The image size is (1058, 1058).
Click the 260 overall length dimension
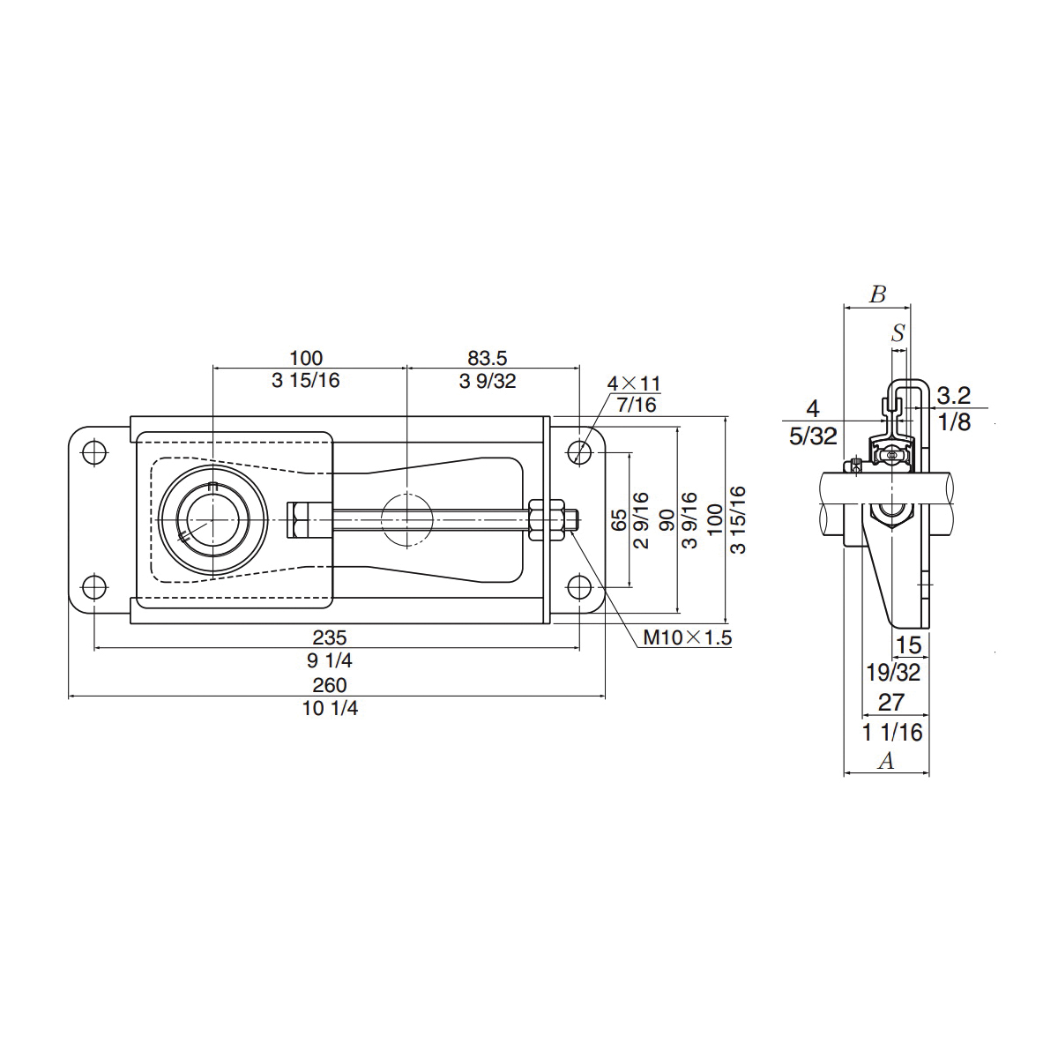click(x=330, y=685)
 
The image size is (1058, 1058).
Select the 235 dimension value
click(x=330, y=637)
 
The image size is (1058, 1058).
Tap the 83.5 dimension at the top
click(x=488, y=358)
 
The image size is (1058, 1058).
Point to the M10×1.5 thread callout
click(x=687, y=637)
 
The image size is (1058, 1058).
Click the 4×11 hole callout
click(x=633, y=384)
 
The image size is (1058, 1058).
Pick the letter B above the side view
click(x=877, y=294)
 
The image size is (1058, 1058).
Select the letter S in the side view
click(x=898, y=333)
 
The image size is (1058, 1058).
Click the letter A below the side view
click(x=887, y=761)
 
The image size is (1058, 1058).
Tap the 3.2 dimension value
click(x=953, y=394)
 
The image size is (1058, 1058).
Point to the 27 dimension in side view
click(x=891, y=702)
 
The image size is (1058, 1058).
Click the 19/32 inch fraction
click(x=893, y=673)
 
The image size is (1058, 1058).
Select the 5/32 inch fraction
click(x=813, y=435)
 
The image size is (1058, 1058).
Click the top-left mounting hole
click(x=93, y=452)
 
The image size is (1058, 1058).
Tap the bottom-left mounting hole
click(x=93, y=586)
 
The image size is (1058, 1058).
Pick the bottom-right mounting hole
click(x=579, y=586)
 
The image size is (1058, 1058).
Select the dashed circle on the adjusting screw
click(x=406, y=519)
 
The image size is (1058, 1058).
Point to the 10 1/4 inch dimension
click(x=330, y=708)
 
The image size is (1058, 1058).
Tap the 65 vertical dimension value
click(x=619, y=519)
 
